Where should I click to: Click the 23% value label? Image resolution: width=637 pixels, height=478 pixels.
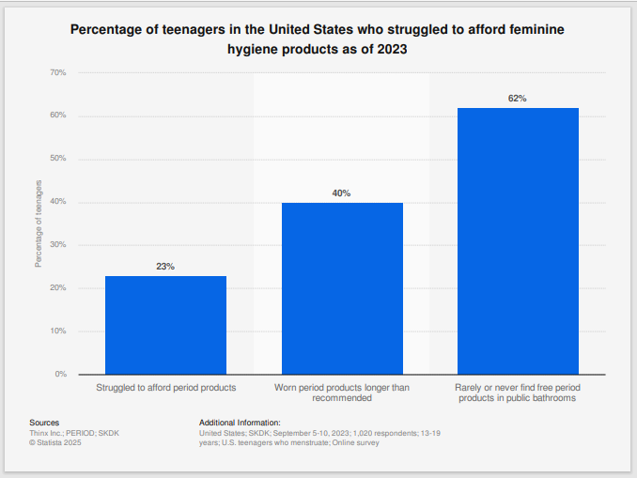pyautogui.click(x=165, y=267)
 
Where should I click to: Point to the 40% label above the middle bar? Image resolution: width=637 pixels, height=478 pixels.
pyautogui.click(x=341, y=193)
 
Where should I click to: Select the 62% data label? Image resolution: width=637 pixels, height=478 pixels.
pyautogui.click(x=518, y=99)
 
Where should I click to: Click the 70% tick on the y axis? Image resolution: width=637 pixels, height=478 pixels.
pyautogui.click(x=57, y=72)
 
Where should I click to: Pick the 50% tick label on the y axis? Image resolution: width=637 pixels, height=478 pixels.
pyautogui.click(x=57, y=159)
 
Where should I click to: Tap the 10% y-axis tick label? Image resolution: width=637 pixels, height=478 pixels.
pyautogui.click(x=57, y=332)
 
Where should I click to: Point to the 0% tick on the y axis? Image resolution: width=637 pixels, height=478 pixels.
pyautogui.click(x=60, y=375)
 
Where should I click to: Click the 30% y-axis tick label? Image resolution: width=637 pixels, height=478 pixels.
pyautogui.click(x=57, y=245)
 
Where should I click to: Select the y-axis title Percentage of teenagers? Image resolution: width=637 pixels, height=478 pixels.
pyautogui.click(x=39, y=224)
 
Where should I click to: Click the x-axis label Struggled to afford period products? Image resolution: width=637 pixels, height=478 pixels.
pyautogui.click(x=165, y=387)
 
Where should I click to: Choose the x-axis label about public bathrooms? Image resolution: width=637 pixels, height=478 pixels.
pyautogui.click(x=518, y=393)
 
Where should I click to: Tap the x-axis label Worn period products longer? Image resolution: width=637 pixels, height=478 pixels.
pyautogui.click(x=342, y=393)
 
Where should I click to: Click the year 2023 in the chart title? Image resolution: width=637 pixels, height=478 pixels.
pyautogui.click(x=391, y=49)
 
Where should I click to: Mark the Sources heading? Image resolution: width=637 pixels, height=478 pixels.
pyautogui.click(x=44, y=423)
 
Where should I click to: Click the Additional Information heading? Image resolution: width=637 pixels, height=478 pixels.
pyautogui.click(x=240, y=423)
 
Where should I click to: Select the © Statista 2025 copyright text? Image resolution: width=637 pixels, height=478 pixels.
pyautogui.click(x=57, y=442)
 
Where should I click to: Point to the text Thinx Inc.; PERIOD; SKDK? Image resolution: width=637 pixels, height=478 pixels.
pyautogui.click(x=75, y=433)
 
